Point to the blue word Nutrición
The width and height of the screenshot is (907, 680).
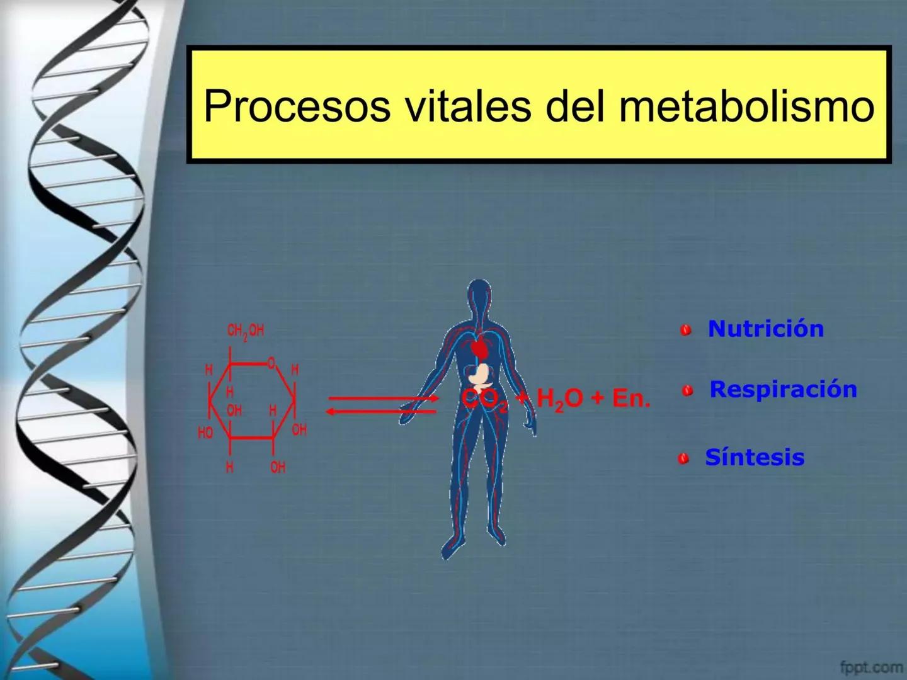point(765,329)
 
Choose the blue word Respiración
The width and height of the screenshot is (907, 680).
point(783,389)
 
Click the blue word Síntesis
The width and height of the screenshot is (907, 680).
point(755,457)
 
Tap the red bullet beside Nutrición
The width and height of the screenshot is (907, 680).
point(686,330)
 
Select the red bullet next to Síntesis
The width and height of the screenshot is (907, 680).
point(683,459)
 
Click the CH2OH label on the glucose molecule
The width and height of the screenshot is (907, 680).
point(245,331)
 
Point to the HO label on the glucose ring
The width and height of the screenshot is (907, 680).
point(205,433)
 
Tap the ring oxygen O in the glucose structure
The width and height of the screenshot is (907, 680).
point(271,363)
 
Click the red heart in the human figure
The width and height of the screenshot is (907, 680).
point(481,347)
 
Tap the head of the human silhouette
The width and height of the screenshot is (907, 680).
point(479,296)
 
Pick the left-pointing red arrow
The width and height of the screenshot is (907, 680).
point(382,412)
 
